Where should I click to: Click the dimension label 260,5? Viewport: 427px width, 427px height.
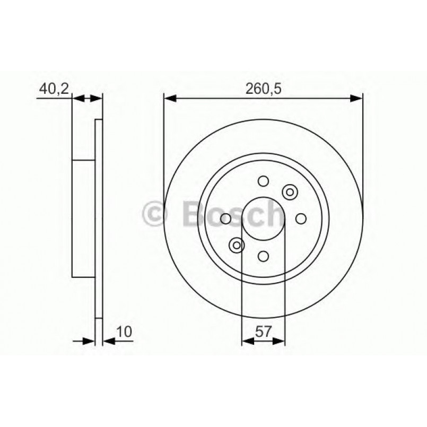tap(263, 89)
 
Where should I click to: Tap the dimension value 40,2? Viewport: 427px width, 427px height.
tap(54, 89)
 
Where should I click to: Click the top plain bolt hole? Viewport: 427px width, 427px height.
tap(263, 181)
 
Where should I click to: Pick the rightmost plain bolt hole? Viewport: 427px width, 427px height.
tap(301, 219)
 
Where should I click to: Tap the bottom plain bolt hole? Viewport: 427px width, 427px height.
tap(263, 256)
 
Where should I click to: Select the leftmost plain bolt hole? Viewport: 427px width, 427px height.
tap(225, 219)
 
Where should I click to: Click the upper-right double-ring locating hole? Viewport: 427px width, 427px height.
tap(290, 192)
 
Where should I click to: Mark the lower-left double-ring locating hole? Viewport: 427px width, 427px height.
tap(237, 245)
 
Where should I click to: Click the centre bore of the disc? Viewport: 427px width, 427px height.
tap(263, 219)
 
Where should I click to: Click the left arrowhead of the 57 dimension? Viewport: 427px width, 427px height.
tap(247, 341)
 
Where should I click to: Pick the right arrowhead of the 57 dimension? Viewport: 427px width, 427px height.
tap(280, 341)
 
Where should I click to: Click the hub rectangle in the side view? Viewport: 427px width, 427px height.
tap(83, 219)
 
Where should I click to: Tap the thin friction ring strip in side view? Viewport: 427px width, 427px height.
tap(98, 219)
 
